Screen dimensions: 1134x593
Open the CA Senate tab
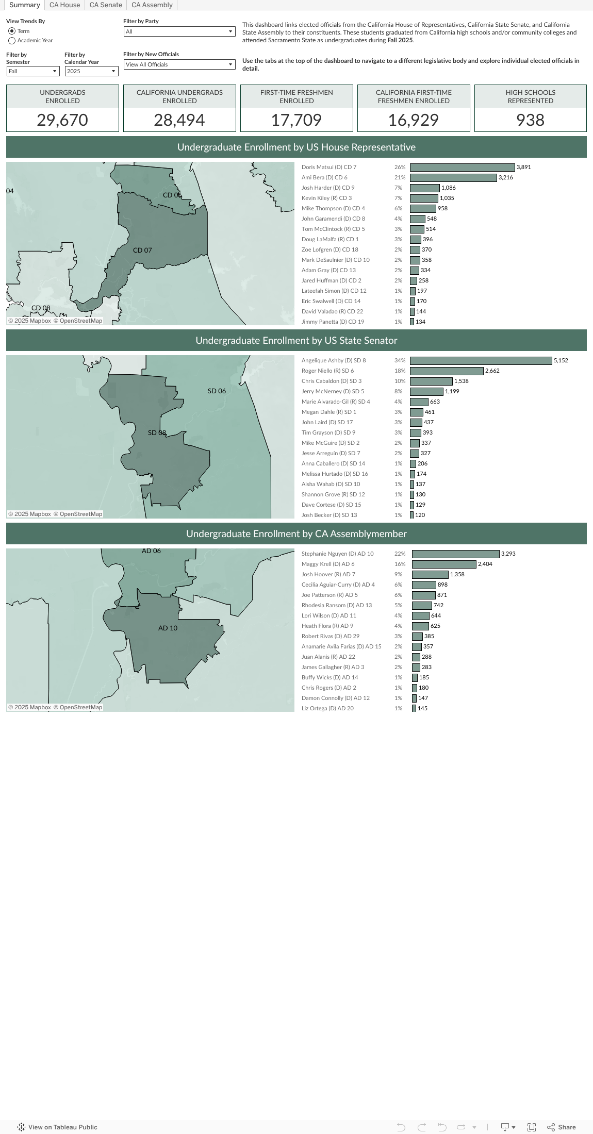click(106, 5)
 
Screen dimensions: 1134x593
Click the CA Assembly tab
click(152, 5)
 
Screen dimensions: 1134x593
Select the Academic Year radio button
click(12, 41)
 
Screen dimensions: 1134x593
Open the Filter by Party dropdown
click(179, 32)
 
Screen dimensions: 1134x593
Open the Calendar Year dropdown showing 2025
click(91, 72)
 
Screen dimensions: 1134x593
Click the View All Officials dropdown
click(179, 65)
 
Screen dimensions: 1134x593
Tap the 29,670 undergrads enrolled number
click(62, 120)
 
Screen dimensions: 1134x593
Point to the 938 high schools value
click(530, 120)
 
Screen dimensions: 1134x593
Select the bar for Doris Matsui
click(462, 168)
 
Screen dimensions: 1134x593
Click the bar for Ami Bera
click(453, 178)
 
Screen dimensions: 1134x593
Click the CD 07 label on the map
click(142, 251)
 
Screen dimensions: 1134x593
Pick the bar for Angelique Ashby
click(481, 361)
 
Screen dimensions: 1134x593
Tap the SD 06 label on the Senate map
click(217, 391)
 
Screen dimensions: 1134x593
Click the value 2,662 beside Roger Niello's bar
click(492, 371)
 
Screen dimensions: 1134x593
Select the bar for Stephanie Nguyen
click(455, 554)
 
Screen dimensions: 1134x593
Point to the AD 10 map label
click(168, 628)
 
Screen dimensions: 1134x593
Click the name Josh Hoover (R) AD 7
click(328, 575)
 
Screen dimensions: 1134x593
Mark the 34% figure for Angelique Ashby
click(400, 361)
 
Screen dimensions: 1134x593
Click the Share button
click(562, 1127)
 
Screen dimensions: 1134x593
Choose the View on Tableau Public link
click(57, 1127)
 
